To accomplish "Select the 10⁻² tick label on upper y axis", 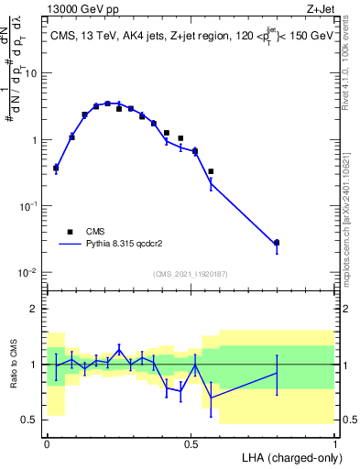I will pos(27,273).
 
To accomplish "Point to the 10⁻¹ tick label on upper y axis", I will pos(27,207).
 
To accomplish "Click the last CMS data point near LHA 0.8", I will pos(277,243).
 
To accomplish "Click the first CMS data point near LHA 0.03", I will pos(56,168).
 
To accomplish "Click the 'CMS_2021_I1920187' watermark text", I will pos(191,274).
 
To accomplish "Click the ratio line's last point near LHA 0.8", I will pos(277,373).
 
